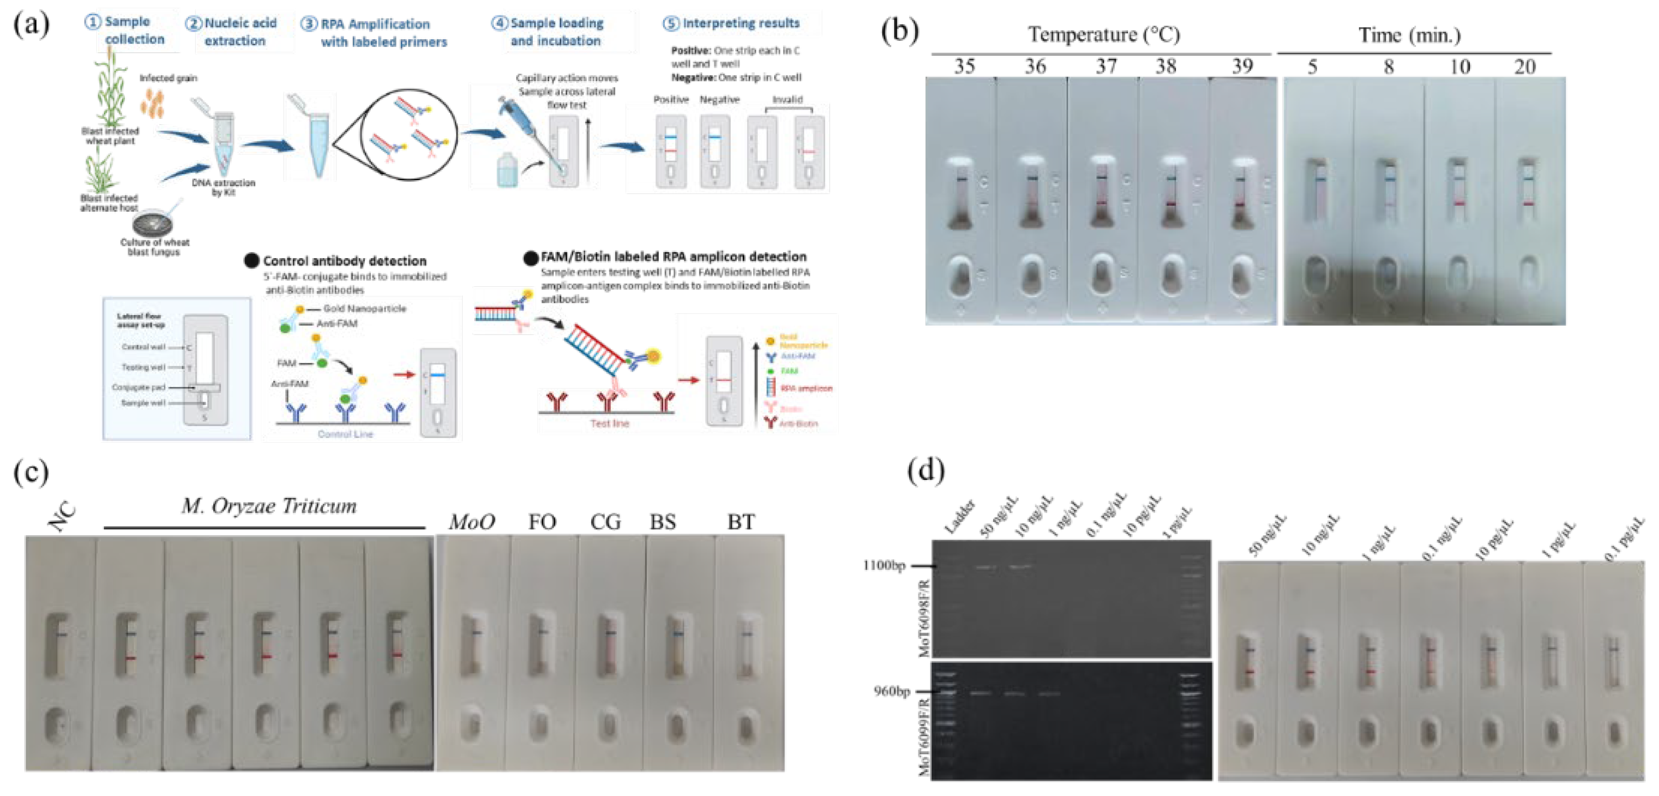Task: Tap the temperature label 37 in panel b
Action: click(x=1106, y=66)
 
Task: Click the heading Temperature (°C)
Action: click(x=1104, y=34)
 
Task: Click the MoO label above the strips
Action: click(x=472, y=522)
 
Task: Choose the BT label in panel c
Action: click(x=741, y=522)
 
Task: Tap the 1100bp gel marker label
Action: click(x=884, y=565)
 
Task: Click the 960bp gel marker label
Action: click(x=891, y=691)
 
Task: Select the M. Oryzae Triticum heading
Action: click(x=269, y=506)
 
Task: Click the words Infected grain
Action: click(x=168, y=78)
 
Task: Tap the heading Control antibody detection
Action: click(x=344, y=261)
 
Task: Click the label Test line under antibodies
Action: click(x=609, y=423)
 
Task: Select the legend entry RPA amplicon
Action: click(x=806, y=389)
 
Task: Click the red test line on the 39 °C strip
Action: click(x=1241, y=204)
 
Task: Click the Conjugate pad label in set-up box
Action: click(x=139, y=387)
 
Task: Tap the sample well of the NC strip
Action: click(x=57, y=725)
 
